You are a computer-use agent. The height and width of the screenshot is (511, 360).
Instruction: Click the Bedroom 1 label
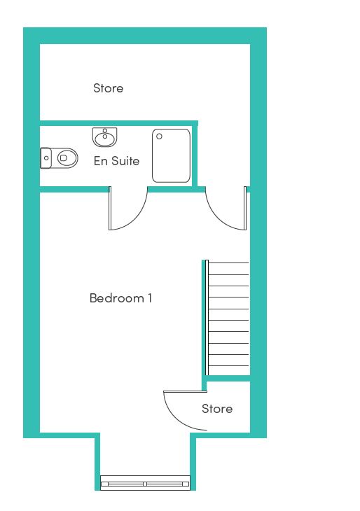click(x=120, y=298)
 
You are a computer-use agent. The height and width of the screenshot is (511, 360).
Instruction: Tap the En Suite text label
click(x=116, y=161)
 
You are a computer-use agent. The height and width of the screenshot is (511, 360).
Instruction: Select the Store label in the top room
click(x=109, y=88)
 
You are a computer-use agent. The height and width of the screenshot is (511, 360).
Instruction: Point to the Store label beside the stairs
click(x=217, y=409)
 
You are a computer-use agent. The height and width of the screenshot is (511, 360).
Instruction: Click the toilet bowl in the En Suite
click(x=67, y=158)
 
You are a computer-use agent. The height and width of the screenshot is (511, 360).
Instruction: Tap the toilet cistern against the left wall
click(x=46, y=158)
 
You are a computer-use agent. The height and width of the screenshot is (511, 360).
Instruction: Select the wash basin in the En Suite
click(x=104, y=137)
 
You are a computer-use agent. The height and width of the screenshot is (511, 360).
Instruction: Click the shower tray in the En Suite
click(x=171, y=156)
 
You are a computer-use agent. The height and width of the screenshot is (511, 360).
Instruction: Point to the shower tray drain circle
click(x=159, y=136)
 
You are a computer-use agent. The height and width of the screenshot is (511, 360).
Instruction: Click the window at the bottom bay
click(x=145, y=482)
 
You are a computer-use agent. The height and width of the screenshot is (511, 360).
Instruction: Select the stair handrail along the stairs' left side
click(x=207, y=318)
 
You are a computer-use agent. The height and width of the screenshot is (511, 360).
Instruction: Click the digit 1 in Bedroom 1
click(x=150, y=298)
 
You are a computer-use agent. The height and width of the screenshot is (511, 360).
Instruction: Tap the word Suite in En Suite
click(x=124, y=161)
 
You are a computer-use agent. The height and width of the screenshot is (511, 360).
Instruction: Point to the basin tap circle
click(x=105, y=131)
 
